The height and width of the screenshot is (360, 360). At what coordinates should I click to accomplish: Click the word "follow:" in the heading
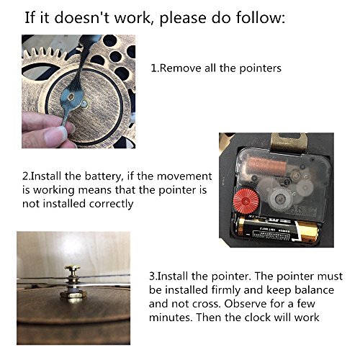(261, 17)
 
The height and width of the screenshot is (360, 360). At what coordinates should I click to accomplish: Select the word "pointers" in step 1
(261, 68)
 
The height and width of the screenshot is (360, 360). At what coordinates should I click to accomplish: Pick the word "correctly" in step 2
(111, 204)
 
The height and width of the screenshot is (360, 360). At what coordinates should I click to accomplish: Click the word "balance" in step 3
(314, 289)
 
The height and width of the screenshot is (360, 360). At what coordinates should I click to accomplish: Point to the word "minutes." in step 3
(171, 318)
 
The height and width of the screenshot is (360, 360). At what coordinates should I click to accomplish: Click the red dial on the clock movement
(246, 200)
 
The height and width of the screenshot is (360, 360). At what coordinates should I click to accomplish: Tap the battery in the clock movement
(278, 230)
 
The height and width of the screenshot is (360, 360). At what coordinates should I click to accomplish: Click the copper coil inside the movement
(267, 164)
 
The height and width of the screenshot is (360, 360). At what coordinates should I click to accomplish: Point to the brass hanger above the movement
(289, 143)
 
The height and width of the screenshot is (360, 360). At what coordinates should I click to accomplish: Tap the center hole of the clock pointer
(71, 96)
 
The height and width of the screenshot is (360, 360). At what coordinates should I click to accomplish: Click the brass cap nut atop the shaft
(72, 269)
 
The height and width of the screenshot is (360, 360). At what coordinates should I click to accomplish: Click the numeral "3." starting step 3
(153, 276)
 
